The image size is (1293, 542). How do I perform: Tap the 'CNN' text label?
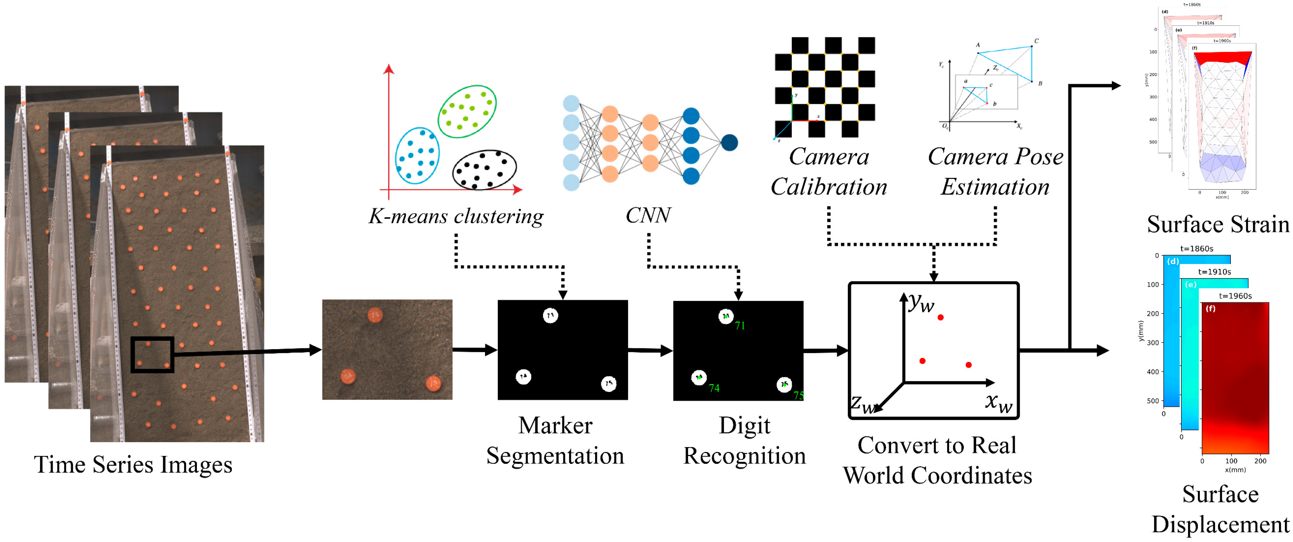tap(648, 215)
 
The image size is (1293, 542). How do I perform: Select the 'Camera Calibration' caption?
tap(829, 172)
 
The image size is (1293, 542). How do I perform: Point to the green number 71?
tap(740, 326)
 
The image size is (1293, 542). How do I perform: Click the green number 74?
tap(714, 388)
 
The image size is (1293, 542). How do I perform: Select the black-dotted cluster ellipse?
tap(484, 170)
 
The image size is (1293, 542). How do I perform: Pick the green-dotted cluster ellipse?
tap(467, 112)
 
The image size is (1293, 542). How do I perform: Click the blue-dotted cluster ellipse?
tap(417, 155)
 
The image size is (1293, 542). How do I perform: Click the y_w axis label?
tap(921, 303)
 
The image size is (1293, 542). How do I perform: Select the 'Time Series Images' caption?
tap(133, 464)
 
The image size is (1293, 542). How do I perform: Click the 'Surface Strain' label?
tap(1218, 224)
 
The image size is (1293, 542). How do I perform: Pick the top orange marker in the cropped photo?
tap(375, 315)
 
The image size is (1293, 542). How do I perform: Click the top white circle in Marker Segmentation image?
tap(550, 316)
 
